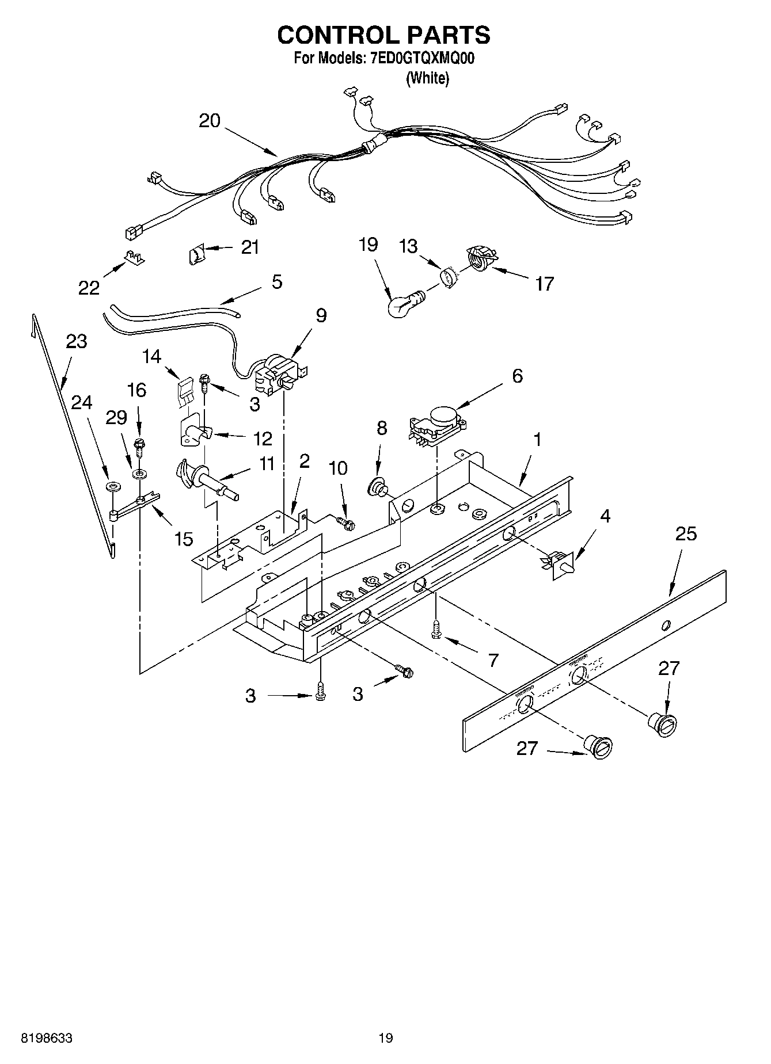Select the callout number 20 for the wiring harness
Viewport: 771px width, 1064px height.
tap(210, 121)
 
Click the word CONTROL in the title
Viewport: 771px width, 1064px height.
tap(333, 35)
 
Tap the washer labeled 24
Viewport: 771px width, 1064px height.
tap(113, 487)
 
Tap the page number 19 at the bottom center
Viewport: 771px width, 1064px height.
tap(385, 1039)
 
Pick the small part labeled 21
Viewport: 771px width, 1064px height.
tap(196, 253)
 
